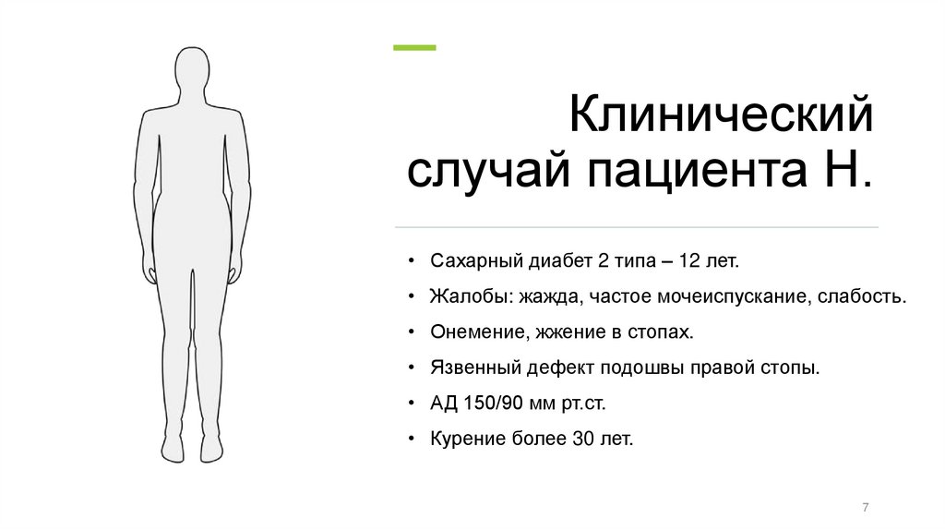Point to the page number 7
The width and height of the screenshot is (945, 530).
(865, 507)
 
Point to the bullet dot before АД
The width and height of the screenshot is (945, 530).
(410, 404)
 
